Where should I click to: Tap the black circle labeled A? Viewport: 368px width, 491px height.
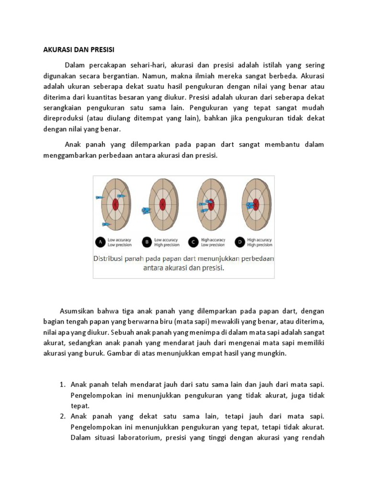(101, 243)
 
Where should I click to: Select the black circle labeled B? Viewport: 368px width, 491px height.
(146, 243)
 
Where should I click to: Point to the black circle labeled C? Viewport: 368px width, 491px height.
(193, 243)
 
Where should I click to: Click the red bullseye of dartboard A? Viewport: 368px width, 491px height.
(115, 204)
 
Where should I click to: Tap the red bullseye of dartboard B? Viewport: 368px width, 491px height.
(162, 204)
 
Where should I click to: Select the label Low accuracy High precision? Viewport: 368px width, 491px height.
(166, 243)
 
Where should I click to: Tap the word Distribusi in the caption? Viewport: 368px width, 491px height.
(108, 259)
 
